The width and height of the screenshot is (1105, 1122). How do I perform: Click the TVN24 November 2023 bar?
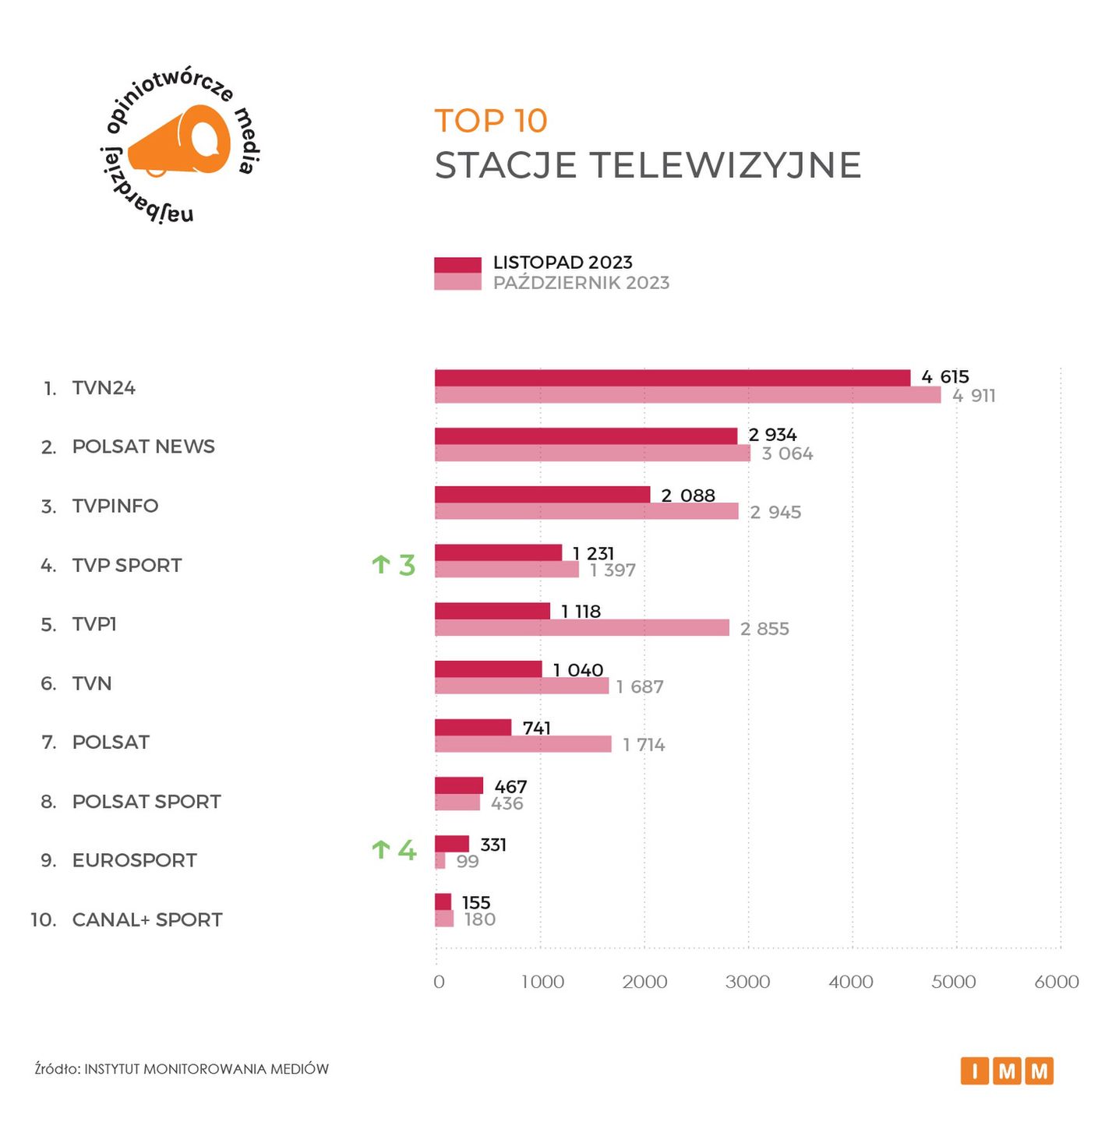pos(672,378)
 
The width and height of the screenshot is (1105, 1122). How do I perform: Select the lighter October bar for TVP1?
pos(581,628)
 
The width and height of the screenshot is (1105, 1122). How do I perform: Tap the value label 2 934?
pos(772,435)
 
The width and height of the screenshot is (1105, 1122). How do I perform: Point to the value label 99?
pos(468,862)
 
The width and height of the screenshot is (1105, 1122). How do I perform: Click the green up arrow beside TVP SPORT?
pos(380,564)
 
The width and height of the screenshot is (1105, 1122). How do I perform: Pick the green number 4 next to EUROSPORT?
pos(407,849)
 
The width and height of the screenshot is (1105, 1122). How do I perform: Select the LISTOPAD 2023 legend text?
pos(563,263)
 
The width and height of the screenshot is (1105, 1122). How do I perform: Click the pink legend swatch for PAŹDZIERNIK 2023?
pos(457,282)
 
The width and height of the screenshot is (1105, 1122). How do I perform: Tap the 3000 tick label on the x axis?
pos(747,982)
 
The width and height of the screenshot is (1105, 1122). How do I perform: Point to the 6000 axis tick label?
pos(1056,982)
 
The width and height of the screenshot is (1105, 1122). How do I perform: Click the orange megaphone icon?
pos(181,142)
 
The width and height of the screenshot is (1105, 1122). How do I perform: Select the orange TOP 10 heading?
pos(491,121)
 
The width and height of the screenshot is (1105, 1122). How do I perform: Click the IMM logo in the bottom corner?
pos(1007,1071)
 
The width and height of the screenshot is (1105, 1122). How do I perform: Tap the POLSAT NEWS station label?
pos(143,446)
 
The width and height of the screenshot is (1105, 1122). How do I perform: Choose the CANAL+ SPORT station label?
pos(147,920)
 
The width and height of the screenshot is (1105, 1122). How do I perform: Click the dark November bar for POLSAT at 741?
pos(473,728)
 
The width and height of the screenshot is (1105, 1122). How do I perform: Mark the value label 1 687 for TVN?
pos(640,687)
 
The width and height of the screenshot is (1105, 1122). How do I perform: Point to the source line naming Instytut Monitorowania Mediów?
pos(182,1069)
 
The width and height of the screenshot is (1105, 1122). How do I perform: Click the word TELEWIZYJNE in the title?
pos(725,165)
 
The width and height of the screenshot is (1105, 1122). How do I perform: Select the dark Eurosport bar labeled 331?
pos(452,844)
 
